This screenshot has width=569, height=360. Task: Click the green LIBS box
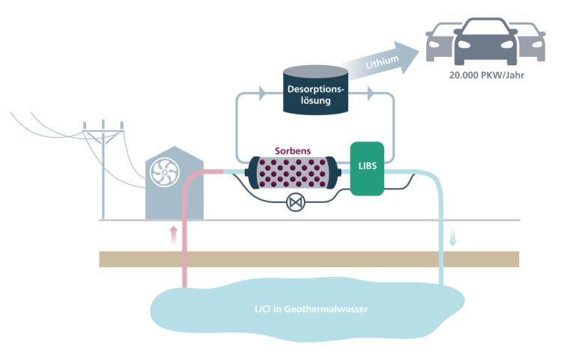tap(367, 168)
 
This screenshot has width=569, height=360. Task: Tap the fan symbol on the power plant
tap(163, 172)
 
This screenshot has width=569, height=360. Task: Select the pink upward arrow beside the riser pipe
tap(174, 235)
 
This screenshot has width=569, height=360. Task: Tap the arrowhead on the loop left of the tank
tap(262, 94)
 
